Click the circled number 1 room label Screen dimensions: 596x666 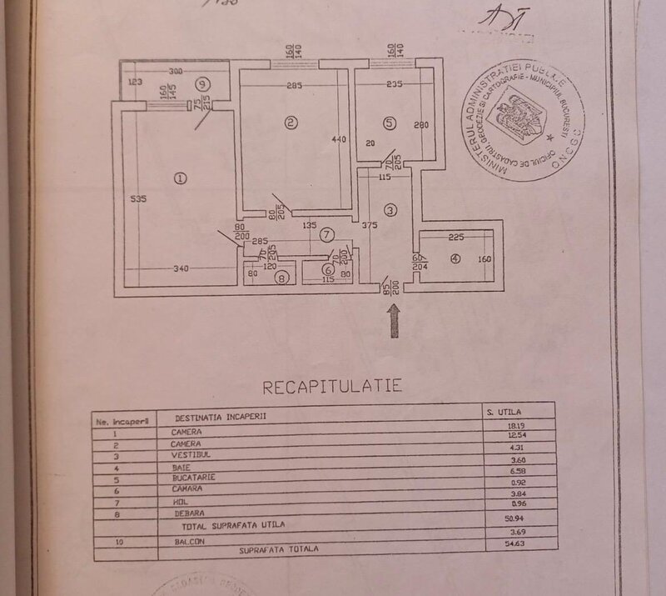point(178,177)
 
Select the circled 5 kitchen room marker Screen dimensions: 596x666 point(390,123)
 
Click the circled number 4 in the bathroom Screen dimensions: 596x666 point(454,258)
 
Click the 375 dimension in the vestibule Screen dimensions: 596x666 point(370,224)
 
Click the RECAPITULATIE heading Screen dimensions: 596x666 point(332,387)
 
